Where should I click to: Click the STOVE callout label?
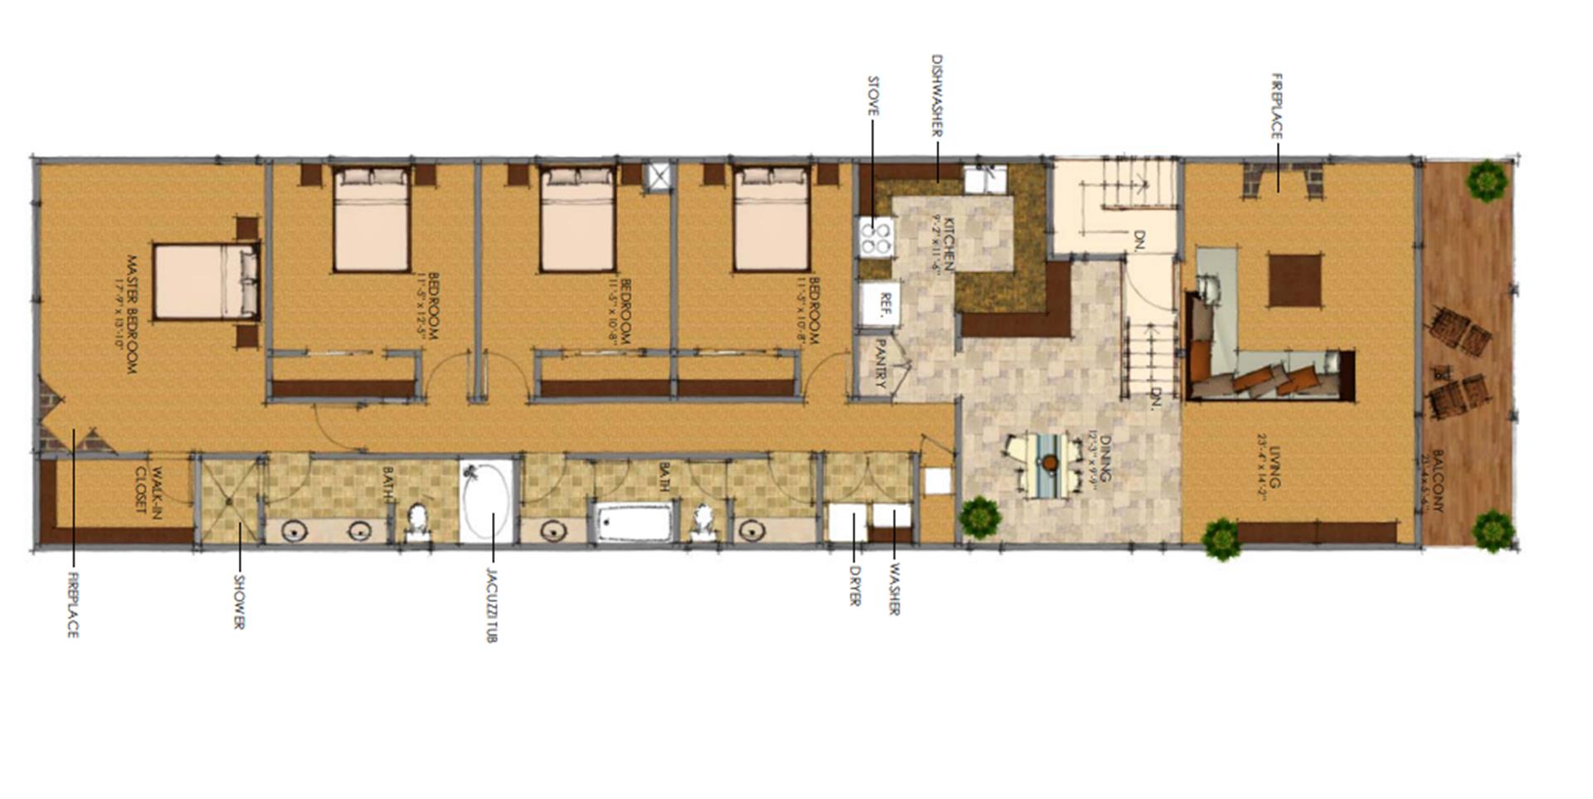pyautogui.click(x=873, y=96)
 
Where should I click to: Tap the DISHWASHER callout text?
pyautogui.click(x=937, y=96)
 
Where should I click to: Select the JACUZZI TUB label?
pyautogui.click(x=491, y=605)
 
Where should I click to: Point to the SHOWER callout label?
pyautogui.click(x=239, y=602)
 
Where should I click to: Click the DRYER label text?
pyautogui.click(x=855, y=586)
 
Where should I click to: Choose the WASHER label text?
pyautogui.click(x=894, y=590)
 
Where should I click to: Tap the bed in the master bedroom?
pyautogui.click(x=206, y=281)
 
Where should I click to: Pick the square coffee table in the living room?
pyautogui.click(x=1294, y=280)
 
